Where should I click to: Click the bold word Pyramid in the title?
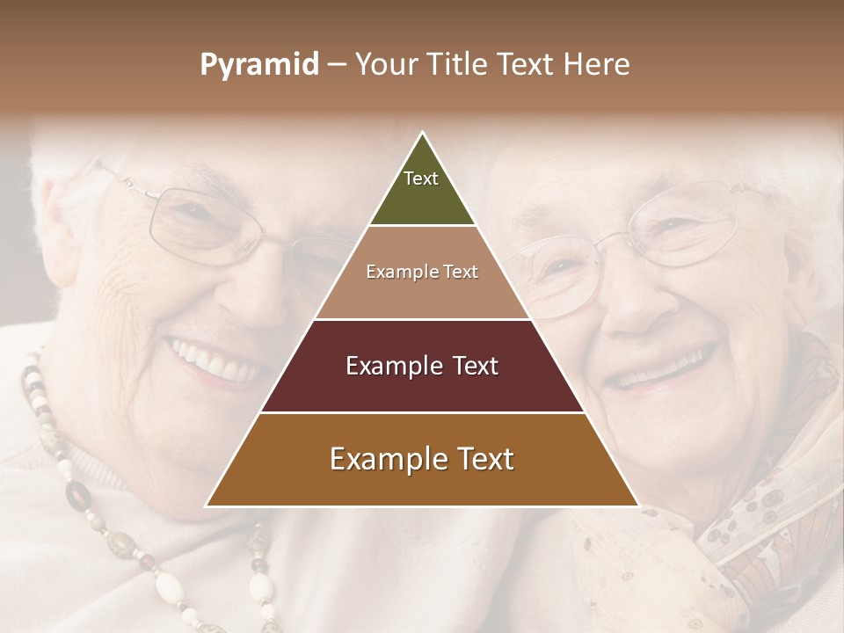point(258,65)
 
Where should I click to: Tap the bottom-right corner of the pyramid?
point(637,506)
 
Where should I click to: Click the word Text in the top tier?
point(421,178)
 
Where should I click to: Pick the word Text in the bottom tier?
point(478,459)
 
